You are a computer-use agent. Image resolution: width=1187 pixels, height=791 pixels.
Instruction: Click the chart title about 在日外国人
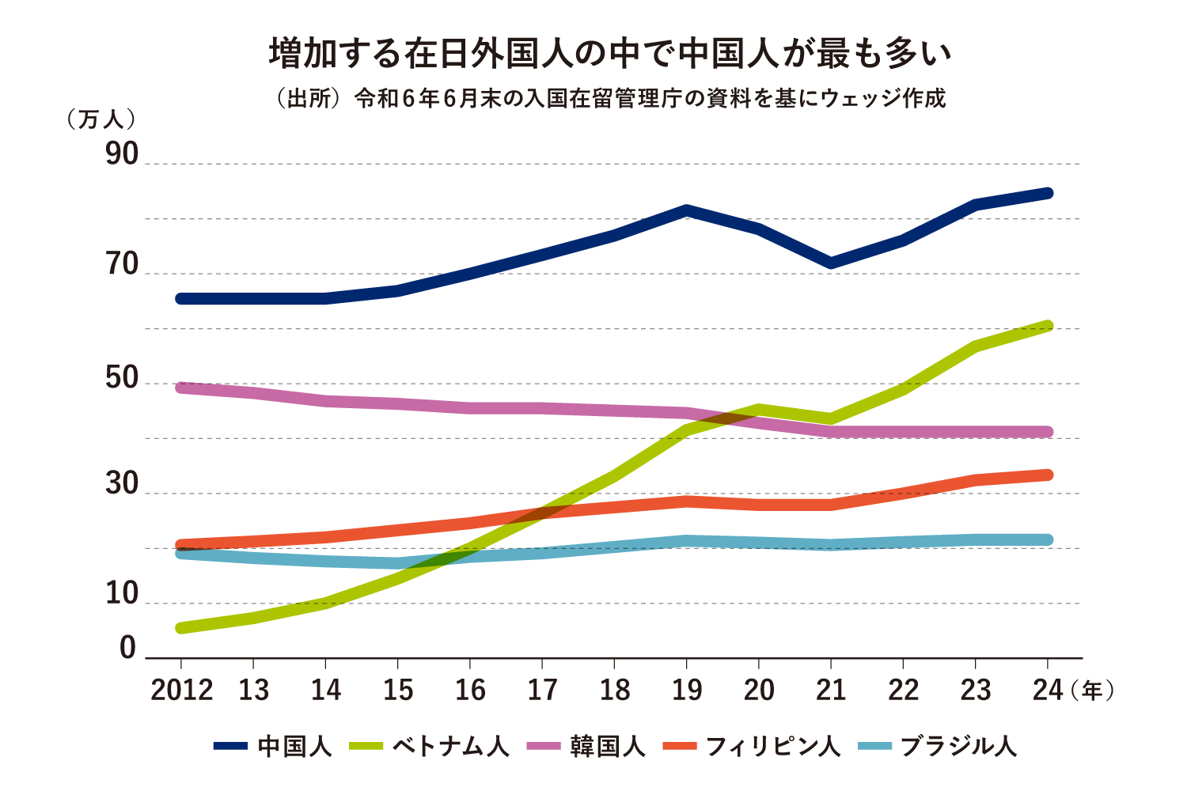click(609, 54)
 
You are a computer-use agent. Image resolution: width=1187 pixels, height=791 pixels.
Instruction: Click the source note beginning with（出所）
click(609, 99)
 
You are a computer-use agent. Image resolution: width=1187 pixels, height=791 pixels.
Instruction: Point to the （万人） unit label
click(101, 119)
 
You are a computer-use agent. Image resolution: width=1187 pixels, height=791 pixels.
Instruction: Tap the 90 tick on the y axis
click(122, 155)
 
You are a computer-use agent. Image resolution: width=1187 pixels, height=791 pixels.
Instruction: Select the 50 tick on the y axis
click(122, 379)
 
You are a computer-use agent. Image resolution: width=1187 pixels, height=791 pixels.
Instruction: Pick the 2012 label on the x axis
click(181, 690)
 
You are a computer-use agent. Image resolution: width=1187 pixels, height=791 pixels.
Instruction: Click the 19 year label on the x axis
click(686, 690)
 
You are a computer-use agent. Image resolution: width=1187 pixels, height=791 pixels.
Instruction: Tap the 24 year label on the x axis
click(1048, 690)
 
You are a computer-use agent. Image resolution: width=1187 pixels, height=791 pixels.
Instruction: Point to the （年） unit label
click(1092, 690)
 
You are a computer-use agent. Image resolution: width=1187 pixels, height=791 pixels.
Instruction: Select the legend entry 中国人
click(273, 746)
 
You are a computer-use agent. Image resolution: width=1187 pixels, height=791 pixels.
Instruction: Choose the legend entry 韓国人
click(586, 746)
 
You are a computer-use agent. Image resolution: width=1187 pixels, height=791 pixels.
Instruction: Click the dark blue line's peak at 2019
click(686, 210)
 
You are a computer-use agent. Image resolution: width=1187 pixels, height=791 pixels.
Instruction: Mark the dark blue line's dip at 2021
click(830, 263)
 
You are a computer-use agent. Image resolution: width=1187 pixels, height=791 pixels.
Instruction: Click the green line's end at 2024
click(1047, 326)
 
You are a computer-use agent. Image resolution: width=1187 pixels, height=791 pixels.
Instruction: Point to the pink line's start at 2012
click(181, 387)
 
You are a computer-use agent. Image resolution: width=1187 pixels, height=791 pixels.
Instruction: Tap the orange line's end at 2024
click(1047, 475)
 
